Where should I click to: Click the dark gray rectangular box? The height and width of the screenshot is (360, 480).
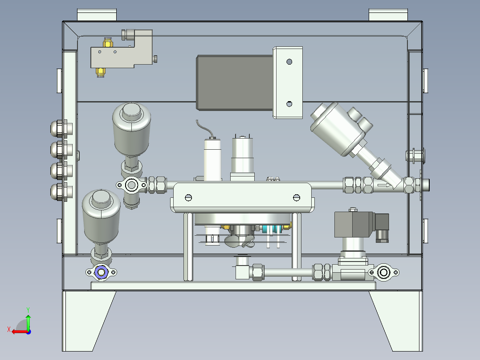[235, 82]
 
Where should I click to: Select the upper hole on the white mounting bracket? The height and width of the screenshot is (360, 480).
[289, 62]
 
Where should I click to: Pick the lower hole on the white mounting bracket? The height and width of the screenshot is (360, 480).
[289, 104]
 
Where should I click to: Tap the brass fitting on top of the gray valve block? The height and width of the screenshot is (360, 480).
[107, 42]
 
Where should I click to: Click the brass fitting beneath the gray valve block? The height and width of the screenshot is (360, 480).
[101, 72]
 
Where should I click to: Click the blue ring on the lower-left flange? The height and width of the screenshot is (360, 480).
[101, 272]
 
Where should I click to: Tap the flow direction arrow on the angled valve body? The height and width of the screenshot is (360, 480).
[385, 185]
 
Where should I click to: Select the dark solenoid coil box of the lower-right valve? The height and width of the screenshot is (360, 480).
[354, 224]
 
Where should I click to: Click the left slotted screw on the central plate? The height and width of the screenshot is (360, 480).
[189, 198]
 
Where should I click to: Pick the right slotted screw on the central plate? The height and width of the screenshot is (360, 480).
[297, 198]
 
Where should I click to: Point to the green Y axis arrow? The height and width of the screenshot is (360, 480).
[28, 322]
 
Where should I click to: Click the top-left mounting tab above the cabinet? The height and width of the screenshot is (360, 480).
[97, 15]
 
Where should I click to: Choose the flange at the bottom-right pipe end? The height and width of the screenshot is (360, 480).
[383, 272]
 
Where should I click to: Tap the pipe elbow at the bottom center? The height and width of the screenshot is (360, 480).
[242, 270]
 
